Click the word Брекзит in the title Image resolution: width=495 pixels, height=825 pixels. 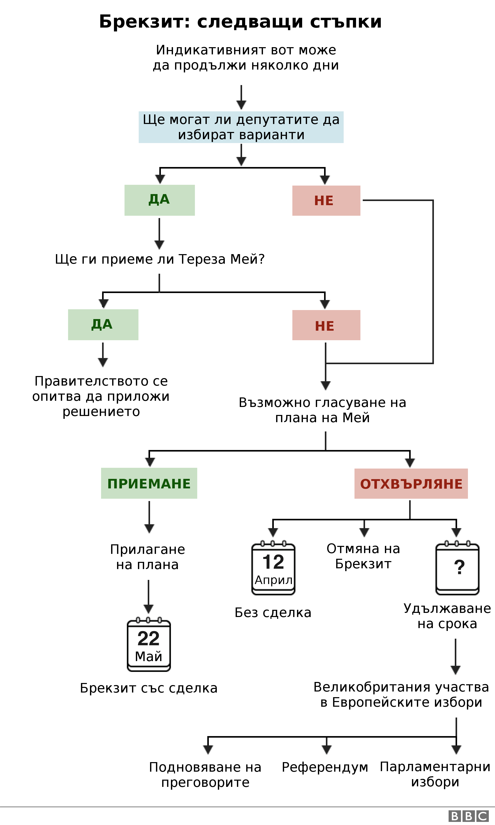(x=141, y=22)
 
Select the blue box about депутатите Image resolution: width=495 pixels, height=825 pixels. (x=241, y=127)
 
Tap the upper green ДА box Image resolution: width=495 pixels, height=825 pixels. (x=159, y=200)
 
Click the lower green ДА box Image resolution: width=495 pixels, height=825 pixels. (x=103, y=324)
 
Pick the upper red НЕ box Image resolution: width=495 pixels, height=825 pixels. (x=326, y=201)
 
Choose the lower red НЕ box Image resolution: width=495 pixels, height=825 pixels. (x=326, y=325)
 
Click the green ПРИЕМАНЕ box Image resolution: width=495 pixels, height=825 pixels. (x=149, y=483)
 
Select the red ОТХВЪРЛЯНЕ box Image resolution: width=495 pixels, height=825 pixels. (x=411, y=484)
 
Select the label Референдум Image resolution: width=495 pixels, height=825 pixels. (x=325, y=767)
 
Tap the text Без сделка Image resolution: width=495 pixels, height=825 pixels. (x=273, y=613)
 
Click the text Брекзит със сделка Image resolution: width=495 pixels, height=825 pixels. (x=148, y=688)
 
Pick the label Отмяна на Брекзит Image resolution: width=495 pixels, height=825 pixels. (x=363, y=556)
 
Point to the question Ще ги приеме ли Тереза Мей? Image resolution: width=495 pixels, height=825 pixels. (x=160, y=259)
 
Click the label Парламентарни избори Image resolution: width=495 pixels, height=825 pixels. (x=435, y=774)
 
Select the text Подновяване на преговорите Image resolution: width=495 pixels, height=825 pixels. (x=205, y=774)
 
